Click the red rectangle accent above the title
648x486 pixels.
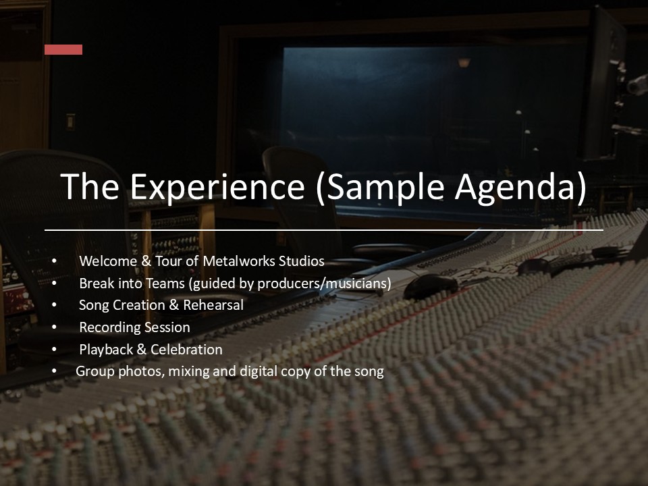(x=63, y=49)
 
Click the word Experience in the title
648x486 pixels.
(x=218, y=186)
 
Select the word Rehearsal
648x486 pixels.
(x=213, y=305)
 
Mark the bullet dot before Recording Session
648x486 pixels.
(x=55, y=327)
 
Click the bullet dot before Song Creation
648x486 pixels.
(x=55, y=305)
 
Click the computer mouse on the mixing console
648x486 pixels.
(x=430, y=286)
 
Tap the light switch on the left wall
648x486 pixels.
(x=70, y=122)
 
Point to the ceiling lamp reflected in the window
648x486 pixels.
(x=464, y=63)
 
